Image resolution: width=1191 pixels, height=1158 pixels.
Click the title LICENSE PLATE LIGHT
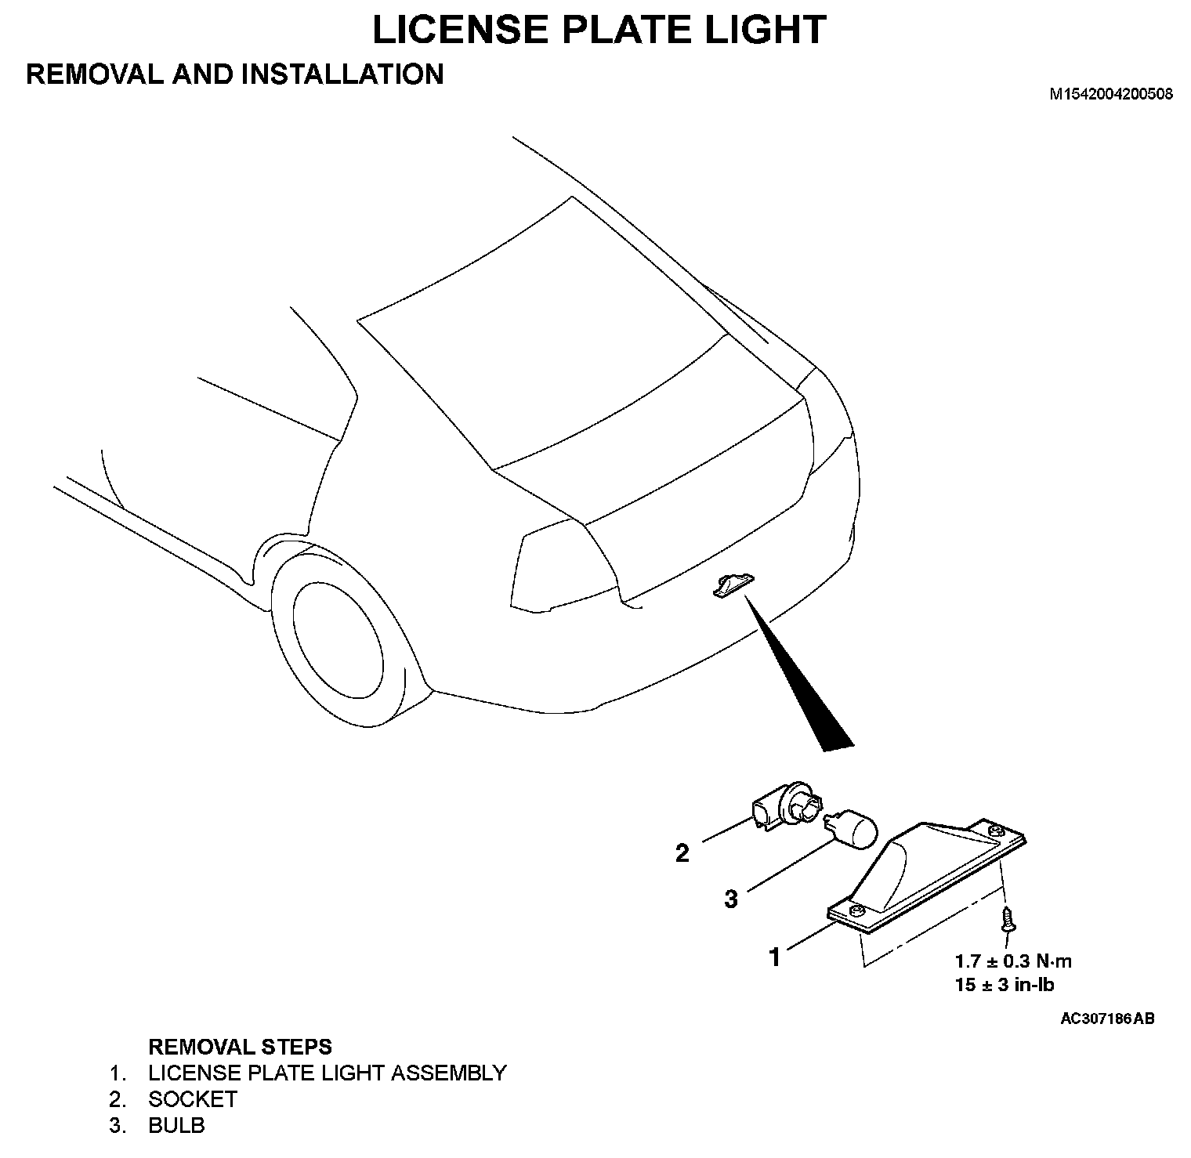599,30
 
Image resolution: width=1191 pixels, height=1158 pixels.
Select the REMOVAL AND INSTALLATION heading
235,74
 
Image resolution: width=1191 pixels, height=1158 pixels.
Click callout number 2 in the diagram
682,853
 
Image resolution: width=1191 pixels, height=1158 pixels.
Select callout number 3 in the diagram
730,899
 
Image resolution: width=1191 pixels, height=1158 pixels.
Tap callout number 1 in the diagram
775,957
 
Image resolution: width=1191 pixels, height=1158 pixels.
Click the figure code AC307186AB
1106,1019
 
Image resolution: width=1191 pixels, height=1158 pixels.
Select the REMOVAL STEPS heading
240,1047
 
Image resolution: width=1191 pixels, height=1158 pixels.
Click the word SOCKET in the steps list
193,1099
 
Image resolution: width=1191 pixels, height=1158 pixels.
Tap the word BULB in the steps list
176,1126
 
